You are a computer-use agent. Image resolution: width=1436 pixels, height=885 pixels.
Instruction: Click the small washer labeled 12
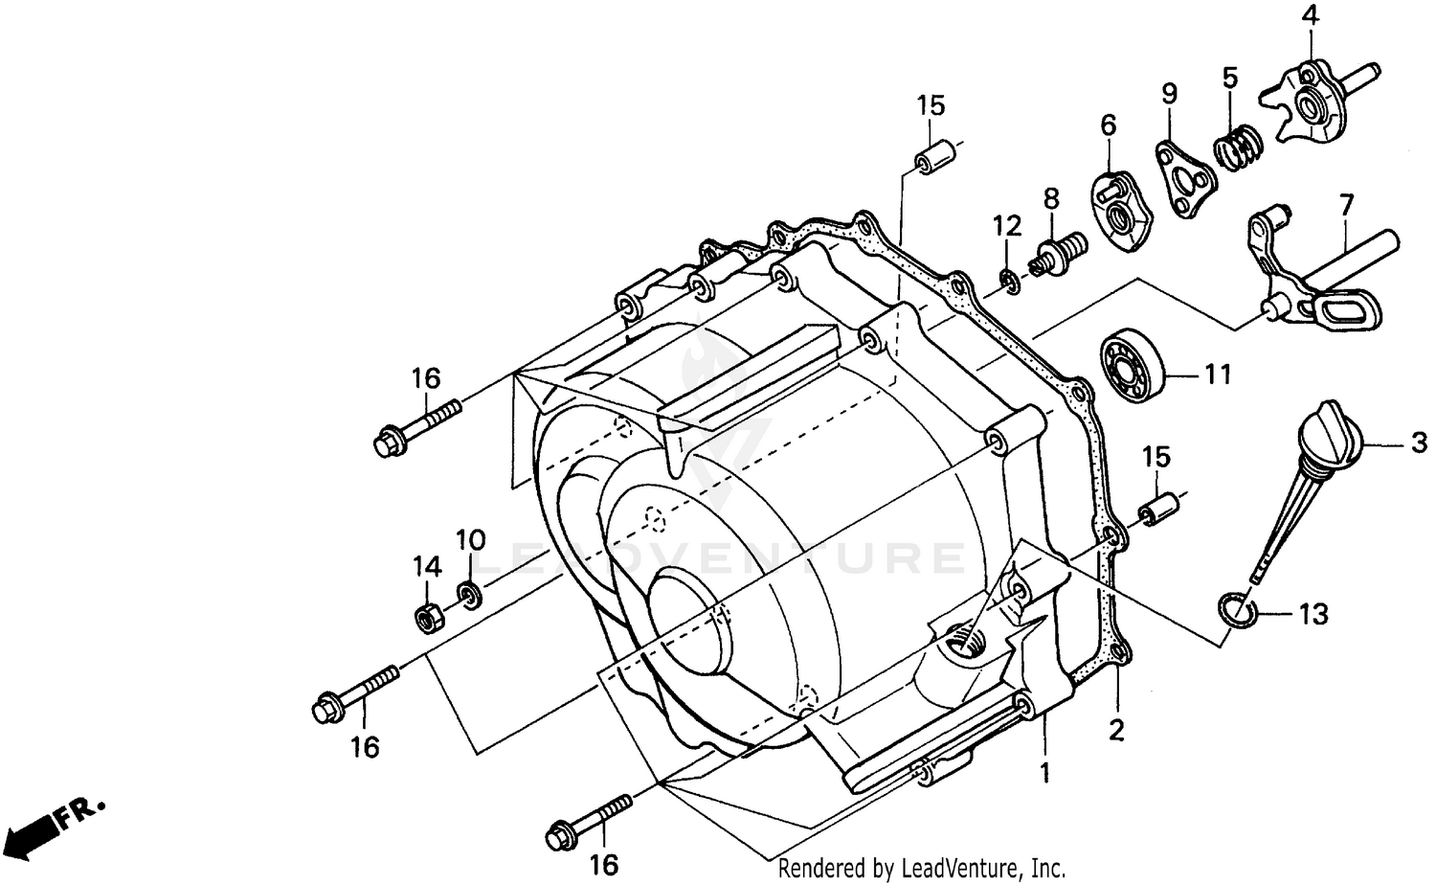pyautogui.click(x=1008, y=278)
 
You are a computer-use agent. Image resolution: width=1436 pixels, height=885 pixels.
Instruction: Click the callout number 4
pyautogui.click(x=1310, y=15)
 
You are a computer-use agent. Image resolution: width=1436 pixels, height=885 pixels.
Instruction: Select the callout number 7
pyautogui.click(x=1346, y=204)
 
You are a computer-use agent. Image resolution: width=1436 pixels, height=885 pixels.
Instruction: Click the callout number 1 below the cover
pyautogui.click(x=1045, y=771)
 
